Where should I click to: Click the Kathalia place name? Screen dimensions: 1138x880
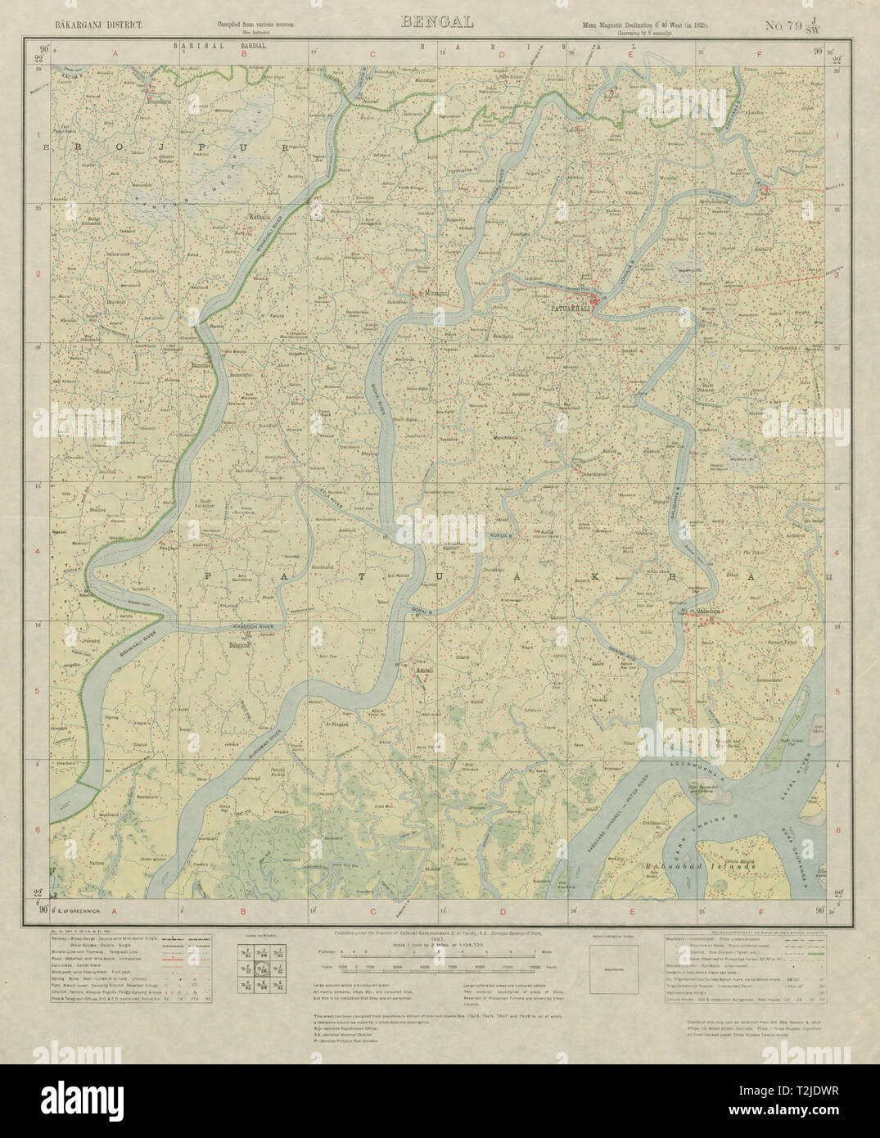(261, 217)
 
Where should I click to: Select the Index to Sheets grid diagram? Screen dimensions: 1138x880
(249, 969)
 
